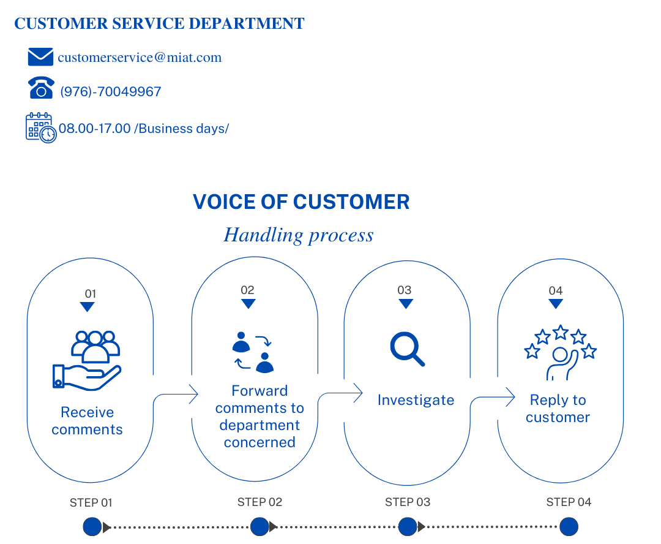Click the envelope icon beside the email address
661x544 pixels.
click(40, 57)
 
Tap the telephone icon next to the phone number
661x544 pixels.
click(41, 88)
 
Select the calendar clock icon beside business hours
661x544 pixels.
click(41, 127)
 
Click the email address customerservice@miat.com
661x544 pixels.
click(140, 58)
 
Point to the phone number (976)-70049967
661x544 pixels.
click(111, 92)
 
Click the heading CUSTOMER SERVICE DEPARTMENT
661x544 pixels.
click(159, 24)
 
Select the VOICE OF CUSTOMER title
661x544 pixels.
click(301, 202)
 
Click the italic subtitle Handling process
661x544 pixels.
click(299, 235)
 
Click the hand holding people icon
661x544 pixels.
click(87, 360)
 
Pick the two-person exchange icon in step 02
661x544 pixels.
click(253, 353)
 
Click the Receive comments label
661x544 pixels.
click(87, 421)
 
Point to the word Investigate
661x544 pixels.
click(416, 401)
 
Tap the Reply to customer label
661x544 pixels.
click(558, 409)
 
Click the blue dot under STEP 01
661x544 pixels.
click(92, 526)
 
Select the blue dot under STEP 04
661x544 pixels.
click(569, 526)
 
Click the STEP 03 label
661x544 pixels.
click(408, 502)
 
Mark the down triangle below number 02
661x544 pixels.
click(248, 304)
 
